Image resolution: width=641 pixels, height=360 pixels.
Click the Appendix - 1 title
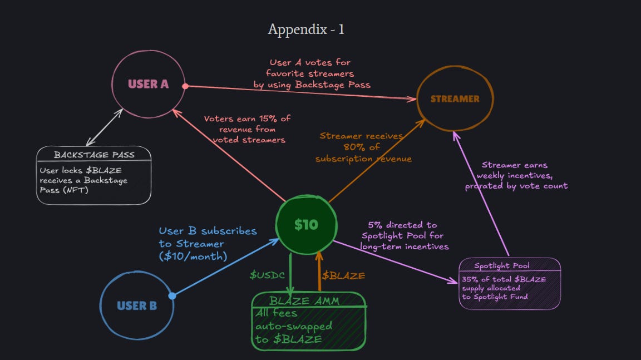pyautogui.click(x=306, y=29)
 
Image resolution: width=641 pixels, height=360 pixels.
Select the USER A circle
pyautogui.click(x=148, y=84)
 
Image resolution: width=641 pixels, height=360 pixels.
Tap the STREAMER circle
pyautogui.click(x=455, y=99)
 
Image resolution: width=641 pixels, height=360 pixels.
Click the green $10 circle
pyautogui.click(x=306, y=224)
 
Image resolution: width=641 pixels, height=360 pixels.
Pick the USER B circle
pyautogui.click(x=136, y=305)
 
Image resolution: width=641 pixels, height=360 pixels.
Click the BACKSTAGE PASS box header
pyautogui.click(x=93, y=155)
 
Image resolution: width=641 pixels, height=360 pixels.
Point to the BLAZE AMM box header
pyautogui.click(x=308, y=301)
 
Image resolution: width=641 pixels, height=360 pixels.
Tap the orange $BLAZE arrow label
pyautogui.click(x=343, y=275)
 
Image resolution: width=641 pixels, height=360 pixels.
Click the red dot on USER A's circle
pyautogui.click(x=186, y=86)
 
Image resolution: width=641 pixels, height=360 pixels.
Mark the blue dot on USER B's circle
pyautogui.click(x=172, y=295)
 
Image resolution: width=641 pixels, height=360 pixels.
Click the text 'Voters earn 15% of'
pyautogui.click(x=247, y=119)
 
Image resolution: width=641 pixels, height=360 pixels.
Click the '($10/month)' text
pyautogui.click(x=193, y=257)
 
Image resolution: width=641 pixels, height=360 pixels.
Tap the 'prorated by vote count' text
pyautogui.click(x=516, y=186)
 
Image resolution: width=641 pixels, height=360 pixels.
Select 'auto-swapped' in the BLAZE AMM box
pyautogui.click(x=294, y=326)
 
